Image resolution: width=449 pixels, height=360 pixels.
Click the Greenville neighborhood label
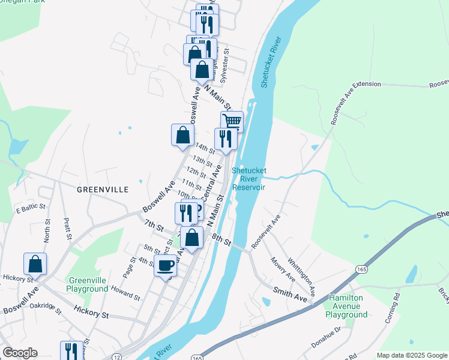pyautogui.click(x=103, y=189)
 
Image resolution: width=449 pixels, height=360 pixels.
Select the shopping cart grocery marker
pyautogui.click(x=232, y=122)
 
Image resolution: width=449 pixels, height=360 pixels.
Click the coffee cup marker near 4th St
pyautogui.click(x=166, y=266)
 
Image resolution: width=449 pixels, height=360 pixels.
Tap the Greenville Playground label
pyautogui.click(x=88, y=284)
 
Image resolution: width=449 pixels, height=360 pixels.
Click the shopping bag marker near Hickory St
pyautogui.click(x=35, y=264)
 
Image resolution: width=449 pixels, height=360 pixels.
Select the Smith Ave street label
pyautogui.click(x=290, y=295)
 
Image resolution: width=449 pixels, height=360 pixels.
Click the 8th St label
pyautogui.click(x=221, y=240)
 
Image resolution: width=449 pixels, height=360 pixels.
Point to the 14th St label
pyautogui.click(x=205, y=148)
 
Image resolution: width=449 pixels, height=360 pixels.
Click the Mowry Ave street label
pyautogui.click(x=282, y=270)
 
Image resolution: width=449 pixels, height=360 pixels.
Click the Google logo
pyautogui.click(x=20, y=353)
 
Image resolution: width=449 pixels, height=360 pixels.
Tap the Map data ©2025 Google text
pyautogui.click(x=411, y=355)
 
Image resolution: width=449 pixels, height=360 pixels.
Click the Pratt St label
pyautogui.click(x=67, y=229)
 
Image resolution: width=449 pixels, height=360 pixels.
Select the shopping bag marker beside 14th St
pyautogui.click(x=182, y=136)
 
